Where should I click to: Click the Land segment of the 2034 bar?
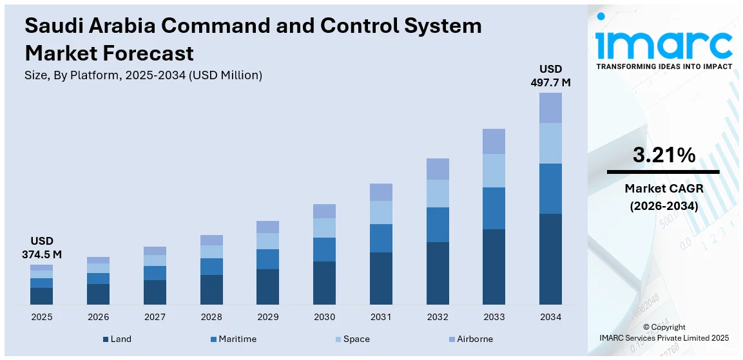[550, 259]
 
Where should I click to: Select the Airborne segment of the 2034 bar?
[550, 108]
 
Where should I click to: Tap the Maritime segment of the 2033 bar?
[494, 208]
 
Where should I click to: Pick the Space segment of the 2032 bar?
[438, 193]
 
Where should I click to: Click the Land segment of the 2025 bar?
[41, 296]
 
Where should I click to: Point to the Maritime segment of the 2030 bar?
[324, 249]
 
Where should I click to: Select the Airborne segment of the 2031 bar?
[381, 192]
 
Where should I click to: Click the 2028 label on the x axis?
[211, 317]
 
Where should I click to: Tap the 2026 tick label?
[98, 317]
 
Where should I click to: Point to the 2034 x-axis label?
[550, 317]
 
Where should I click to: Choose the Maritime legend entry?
[233, 339]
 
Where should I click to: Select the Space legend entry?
[352, 339]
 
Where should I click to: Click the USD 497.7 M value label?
[550, 75]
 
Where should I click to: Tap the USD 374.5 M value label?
[41, 247]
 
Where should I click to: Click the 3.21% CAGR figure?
[664, 155]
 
